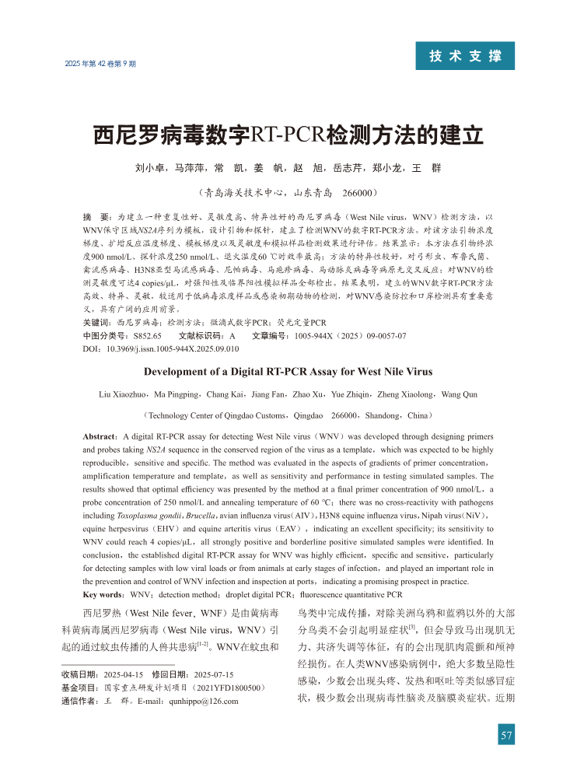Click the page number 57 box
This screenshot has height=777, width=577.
506,737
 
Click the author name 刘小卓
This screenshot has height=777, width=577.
149,168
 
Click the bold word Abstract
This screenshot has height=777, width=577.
100,437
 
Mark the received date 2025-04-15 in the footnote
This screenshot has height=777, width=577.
124,674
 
